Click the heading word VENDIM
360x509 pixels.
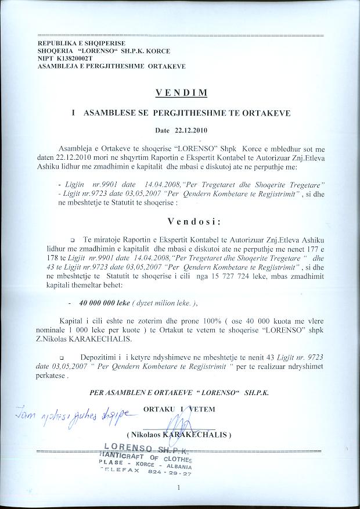pyautogui.click(x=180, y=92)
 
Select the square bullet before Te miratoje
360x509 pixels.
pyautogui.click(x=73, y=239)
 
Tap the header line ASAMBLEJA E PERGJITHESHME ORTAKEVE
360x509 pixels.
pyautogui.click(x=111, y=66)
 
